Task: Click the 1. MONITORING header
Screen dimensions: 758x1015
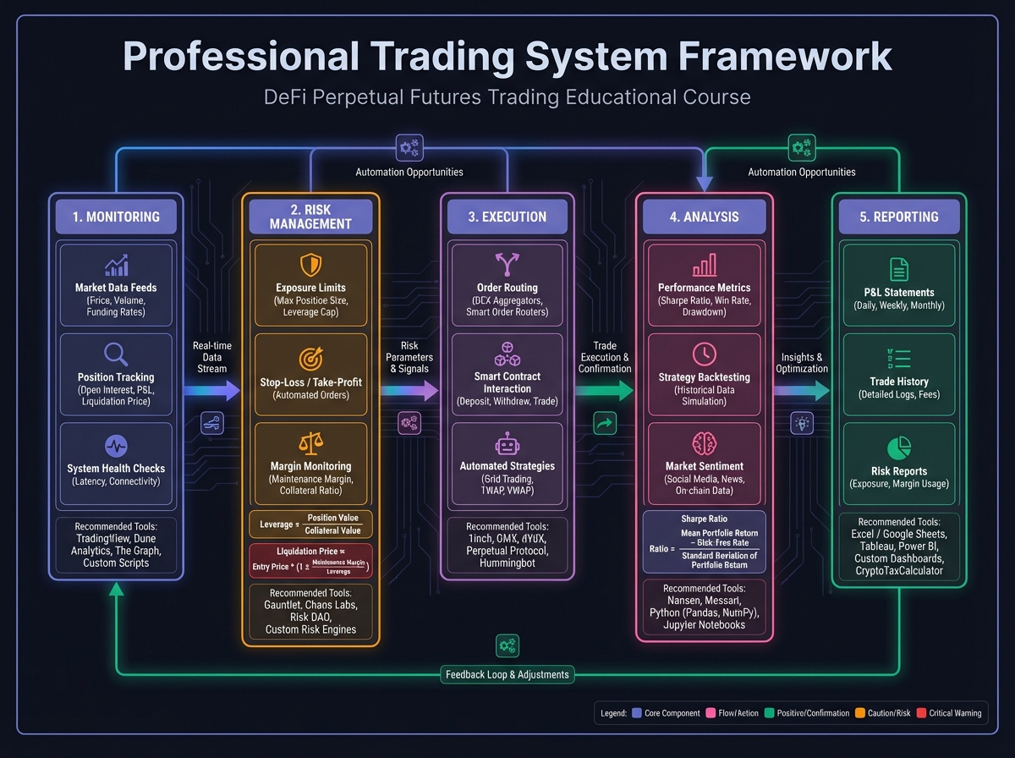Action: (x=116, y=217)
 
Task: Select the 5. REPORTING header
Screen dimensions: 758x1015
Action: (x=899, y=217)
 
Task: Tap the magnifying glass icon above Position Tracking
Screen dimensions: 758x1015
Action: (x=116, y=354)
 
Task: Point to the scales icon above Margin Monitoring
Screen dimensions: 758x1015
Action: (x=310, y=443)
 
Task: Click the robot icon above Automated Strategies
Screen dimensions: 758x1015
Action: (x=507, y=443)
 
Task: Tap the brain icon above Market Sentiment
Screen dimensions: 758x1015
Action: (x=704, y=443)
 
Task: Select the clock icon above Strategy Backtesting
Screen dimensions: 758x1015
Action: (x=704, y=354)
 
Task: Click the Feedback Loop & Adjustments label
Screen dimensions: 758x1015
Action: (x=507, y=674)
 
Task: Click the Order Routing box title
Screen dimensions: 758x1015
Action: (x=507, y=288)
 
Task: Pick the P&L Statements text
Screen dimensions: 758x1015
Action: (x=899, y=292)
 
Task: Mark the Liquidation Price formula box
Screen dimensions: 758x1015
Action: (x=310, y=561)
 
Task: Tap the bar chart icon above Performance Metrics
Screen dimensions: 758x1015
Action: (x=704, y=266)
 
